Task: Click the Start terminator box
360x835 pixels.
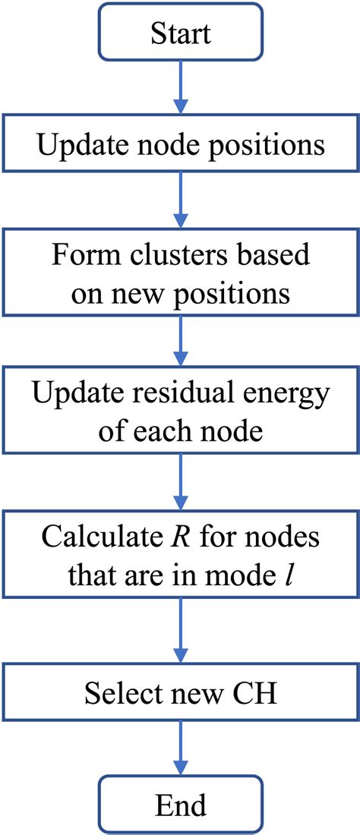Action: [x=179, y=33]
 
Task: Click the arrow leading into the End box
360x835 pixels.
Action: [x=179, y=748]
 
